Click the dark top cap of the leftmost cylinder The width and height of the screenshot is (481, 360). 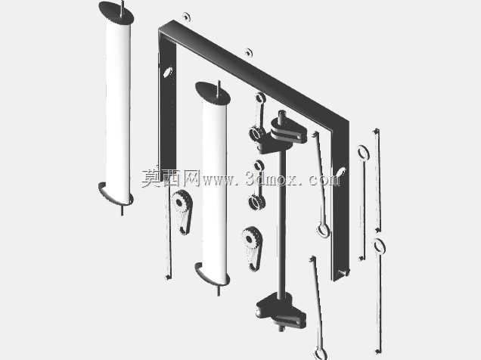[116, 13]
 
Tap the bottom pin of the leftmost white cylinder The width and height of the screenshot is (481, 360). [123, 210]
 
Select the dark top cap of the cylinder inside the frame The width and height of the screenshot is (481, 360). [213, 92]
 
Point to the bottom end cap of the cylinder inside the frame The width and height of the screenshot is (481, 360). [212, 274]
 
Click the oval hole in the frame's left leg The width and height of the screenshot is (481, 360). [167, 73]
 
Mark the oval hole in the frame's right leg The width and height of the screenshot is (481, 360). [340, 172]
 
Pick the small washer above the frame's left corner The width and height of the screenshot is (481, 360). [187, 17]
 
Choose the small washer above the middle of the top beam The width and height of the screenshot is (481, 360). [249, 52]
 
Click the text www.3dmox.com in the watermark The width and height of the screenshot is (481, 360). [272, 178]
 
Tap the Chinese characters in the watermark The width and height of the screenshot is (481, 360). [171, 178]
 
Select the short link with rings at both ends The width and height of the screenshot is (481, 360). [258, 185]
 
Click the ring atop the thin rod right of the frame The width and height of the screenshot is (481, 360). [364, 153]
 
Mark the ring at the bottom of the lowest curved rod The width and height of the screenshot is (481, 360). [321, 353]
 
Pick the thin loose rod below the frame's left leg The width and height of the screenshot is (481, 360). [168, 233]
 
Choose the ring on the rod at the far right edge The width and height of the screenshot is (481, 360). [380, 247]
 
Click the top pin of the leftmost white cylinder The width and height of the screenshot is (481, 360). [123, 7]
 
